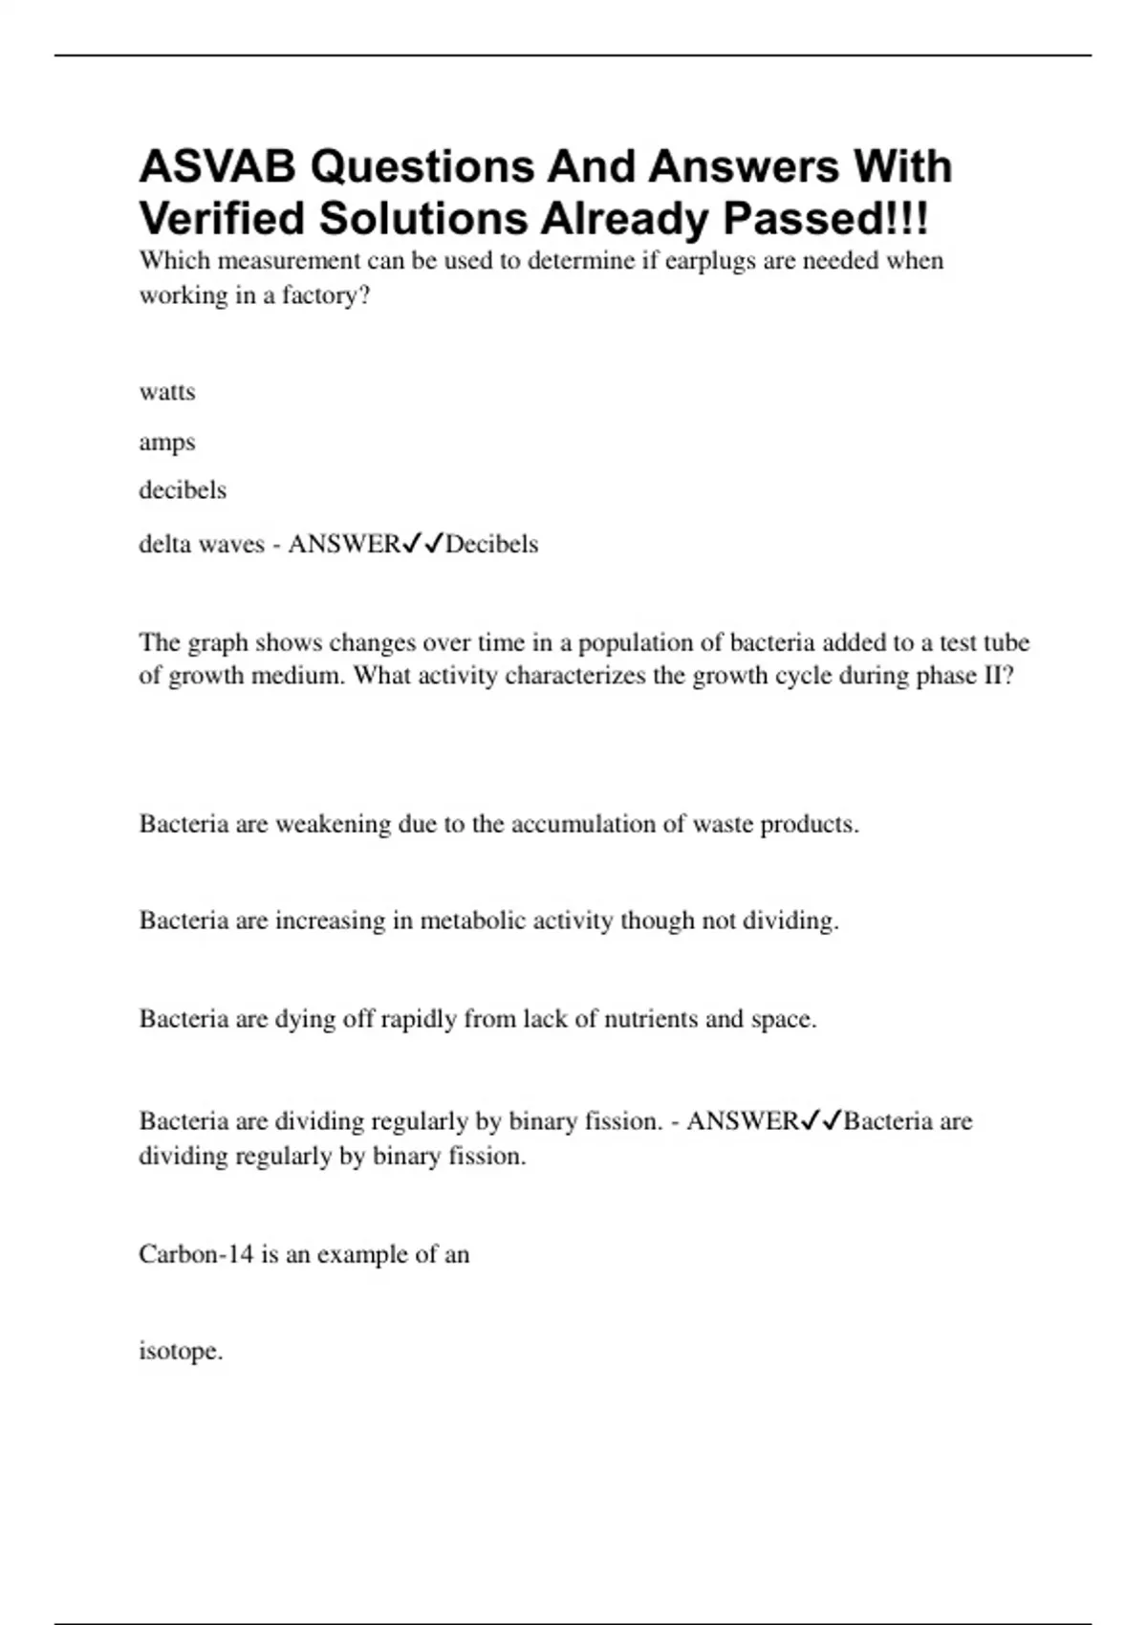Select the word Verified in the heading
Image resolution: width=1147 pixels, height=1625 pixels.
[222, 219]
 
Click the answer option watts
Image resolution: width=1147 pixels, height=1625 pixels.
[167, 392]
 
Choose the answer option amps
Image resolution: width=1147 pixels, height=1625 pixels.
[167, 443]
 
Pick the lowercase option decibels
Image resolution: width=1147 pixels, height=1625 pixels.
[183, 490]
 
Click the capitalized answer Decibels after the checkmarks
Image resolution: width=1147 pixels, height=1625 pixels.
[492, 544]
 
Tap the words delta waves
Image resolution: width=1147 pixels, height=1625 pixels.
[201, 544]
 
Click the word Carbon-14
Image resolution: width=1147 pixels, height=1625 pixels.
[196, 1254]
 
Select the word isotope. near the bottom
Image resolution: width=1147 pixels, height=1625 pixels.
[181, 1352]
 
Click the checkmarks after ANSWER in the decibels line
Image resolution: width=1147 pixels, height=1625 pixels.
[422, 544]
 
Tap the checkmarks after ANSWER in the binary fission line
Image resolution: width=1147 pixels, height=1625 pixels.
[821, 1120]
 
